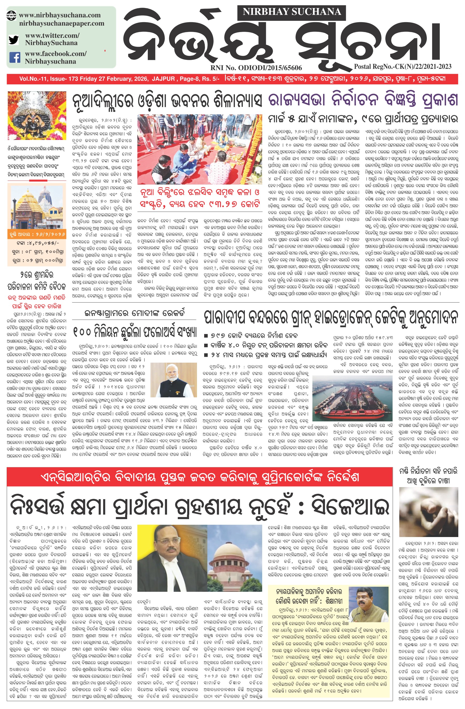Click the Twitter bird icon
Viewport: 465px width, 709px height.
click(x=13, y=39)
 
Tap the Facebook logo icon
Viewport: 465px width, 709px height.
click(x=15, y=57)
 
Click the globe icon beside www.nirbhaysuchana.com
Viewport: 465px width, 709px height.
click(x=11, y=15)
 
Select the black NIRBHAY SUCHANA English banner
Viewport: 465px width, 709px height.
click(x=292, y=12)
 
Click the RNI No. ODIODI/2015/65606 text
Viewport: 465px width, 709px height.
click(x=256, y=68)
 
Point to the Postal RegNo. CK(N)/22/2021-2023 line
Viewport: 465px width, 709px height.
click(x=402, y=67)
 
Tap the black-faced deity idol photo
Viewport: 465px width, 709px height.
click(x=36, y=115)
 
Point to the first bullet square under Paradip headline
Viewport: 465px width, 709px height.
click(x=206, y=336)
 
